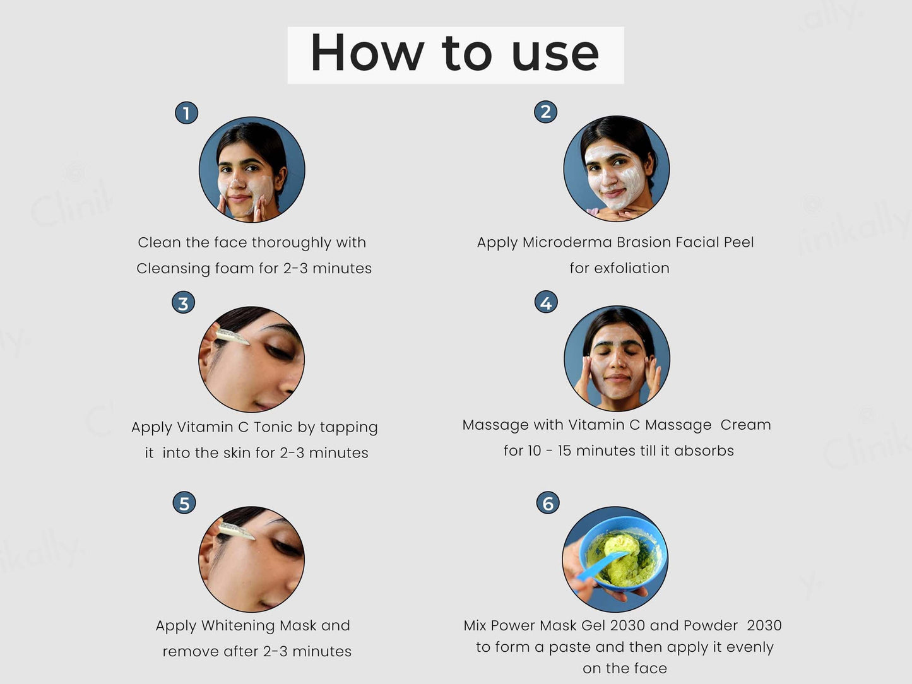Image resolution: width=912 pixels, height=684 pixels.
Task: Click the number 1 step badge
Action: click(x=187, y=113)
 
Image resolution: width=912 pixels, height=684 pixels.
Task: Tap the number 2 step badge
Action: click(x=545, y=112)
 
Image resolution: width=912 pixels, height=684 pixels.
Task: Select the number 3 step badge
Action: click(x=183, y=303)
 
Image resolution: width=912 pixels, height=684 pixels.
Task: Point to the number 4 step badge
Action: click(x=546, y=302)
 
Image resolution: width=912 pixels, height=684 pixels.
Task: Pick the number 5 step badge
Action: click(x=184, y=503)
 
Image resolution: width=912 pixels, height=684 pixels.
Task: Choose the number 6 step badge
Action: click(x=548, y=502)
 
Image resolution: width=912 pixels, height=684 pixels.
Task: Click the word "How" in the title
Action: click(x=367, y=53)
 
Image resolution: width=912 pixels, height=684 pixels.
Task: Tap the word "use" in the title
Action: click(x=555, y=57)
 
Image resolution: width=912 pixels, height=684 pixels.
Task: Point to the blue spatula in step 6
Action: click(x=603, y=565)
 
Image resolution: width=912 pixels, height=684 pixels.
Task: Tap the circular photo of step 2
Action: click(x=617, y=168)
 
